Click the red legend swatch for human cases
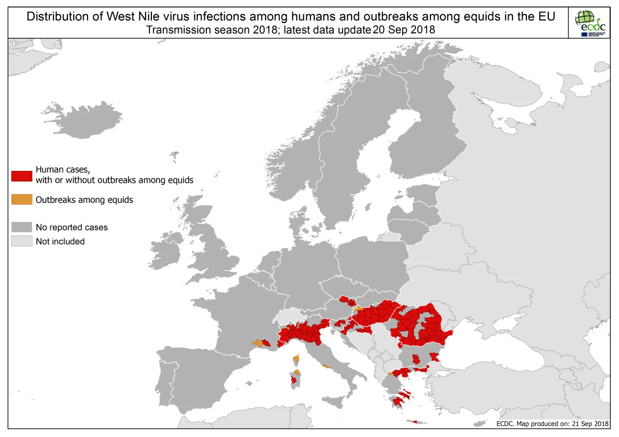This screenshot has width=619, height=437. [x=21, y=175]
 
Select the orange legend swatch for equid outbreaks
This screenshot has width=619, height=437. [x=21, y=200]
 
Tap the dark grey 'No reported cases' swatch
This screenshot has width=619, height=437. [x=21, y=227]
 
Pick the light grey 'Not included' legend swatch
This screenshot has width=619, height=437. [x=21, y=241]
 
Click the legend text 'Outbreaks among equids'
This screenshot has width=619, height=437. [x=84, y=200]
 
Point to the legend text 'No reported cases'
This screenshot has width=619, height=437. [x=72, y=227]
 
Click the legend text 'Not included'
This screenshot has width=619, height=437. [x=60, y=242]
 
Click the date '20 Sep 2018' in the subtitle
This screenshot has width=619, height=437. [x=404, y=30]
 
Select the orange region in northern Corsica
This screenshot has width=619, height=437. [x=297, y=358]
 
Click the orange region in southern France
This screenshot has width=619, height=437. [x=258, y=343]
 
